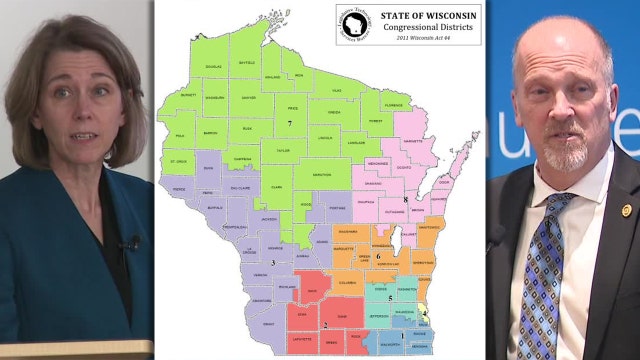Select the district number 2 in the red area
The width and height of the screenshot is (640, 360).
pos(324,324)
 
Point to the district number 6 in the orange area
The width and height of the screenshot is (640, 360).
pos(379,256)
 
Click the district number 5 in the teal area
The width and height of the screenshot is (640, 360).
pos(389,298)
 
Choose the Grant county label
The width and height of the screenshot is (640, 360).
pos(262,324)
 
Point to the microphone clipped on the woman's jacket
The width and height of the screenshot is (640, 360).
pos(130,242)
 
